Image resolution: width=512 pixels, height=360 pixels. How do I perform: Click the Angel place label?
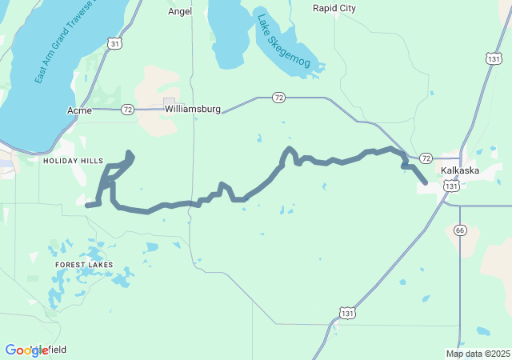click(181, 11)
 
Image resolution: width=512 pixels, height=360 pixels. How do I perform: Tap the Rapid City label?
click(334, 8)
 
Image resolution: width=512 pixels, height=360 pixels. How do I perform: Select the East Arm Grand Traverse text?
click(64, 44)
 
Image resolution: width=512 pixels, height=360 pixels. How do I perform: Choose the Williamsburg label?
click(192, 108)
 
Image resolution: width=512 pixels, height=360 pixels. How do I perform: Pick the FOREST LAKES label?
click(84, 264)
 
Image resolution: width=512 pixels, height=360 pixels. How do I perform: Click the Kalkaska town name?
click(460, 170)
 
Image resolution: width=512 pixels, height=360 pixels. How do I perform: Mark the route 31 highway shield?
click(115, 43)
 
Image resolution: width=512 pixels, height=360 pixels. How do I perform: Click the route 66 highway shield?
click(459, 230)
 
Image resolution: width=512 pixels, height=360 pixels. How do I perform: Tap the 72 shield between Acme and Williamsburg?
click(127, 108)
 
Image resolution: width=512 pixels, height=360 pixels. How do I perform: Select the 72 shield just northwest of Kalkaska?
click(426, 158)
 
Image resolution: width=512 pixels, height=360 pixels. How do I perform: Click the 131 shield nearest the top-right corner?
click(494, 58)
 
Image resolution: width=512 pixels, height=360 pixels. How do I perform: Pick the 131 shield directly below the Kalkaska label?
click(453, 186)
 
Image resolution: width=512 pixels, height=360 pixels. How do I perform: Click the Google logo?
click(26, 350)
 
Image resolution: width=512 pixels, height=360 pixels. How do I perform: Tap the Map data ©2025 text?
click(477, 354)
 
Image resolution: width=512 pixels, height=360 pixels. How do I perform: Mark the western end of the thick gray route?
click(87, 206)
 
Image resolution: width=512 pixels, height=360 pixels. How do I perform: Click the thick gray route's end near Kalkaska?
click(425, 183)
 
